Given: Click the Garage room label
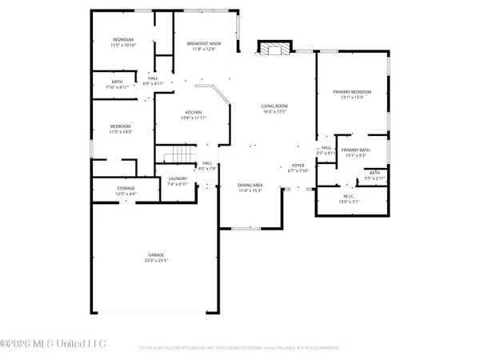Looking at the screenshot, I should [x=155, y=255].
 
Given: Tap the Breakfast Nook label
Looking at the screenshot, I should [x=204, y=43].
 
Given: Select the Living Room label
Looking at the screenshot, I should [x=274, y=106].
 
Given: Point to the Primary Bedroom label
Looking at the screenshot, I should [x=354, y=92].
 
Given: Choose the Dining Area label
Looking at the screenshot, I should [x=250, y=186].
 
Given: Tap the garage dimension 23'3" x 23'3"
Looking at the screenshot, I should [x=155, y=261].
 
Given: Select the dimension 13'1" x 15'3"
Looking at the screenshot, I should [x=354, y=98].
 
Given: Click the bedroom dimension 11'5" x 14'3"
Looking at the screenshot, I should [x=122, y=132].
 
